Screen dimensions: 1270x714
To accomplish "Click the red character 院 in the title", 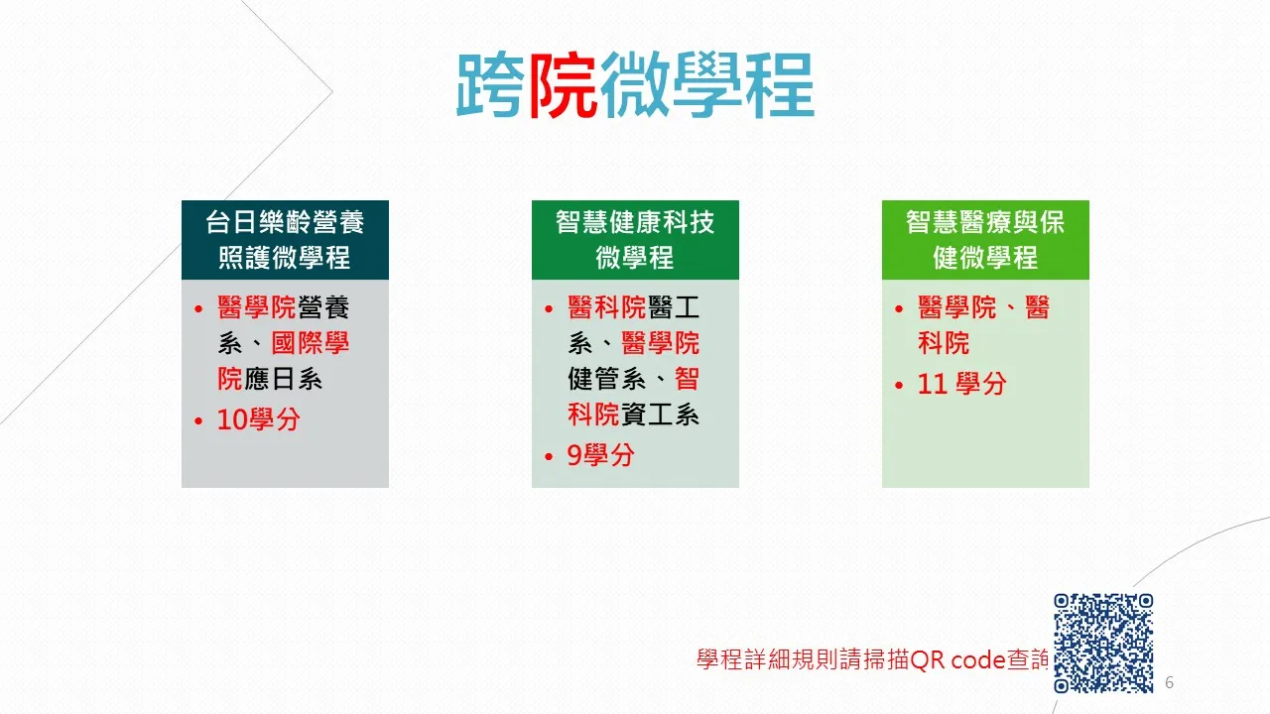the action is click(563, 85).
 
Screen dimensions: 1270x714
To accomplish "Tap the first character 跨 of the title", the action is click(491, 85).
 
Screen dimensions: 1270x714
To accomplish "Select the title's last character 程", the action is click(780, 85).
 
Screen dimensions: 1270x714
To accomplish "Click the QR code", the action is click(1103, 644).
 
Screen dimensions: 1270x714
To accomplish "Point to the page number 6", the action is click(1169, 682).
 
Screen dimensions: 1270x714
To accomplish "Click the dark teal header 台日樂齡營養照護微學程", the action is click(285, 240).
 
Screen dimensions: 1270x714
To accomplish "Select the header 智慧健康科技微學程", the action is click(635, 240).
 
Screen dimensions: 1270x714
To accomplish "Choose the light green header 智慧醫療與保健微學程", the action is click(985, 240).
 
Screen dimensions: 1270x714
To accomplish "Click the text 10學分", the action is click(259, 419).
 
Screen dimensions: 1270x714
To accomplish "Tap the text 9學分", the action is click(600, 455).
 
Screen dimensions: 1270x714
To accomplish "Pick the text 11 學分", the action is click(962, 384).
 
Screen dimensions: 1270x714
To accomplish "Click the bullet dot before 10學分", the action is click(198, 421).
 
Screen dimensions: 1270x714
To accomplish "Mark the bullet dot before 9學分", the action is click(549, 457).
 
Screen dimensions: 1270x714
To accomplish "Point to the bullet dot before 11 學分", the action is click(899, 386).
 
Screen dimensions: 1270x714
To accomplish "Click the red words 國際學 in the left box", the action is click(311, 343).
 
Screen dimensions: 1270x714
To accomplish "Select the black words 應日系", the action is click(283, 379).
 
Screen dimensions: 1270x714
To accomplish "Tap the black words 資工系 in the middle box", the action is click(660, 415).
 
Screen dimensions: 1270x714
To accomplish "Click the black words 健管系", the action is click(606, 379).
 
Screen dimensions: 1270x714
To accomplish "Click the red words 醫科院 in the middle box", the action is click(606, 307).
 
